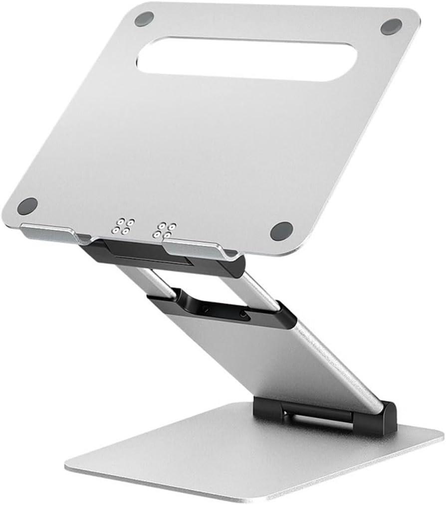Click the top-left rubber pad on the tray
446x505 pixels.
tap(144, 19)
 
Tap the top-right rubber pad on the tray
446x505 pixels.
tap(391, 26)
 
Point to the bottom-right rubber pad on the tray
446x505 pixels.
tap(281, 230)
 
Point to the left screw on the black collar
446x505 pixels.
tap(205, 310)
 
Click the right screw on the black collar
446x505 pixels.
tap(243, 315)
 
